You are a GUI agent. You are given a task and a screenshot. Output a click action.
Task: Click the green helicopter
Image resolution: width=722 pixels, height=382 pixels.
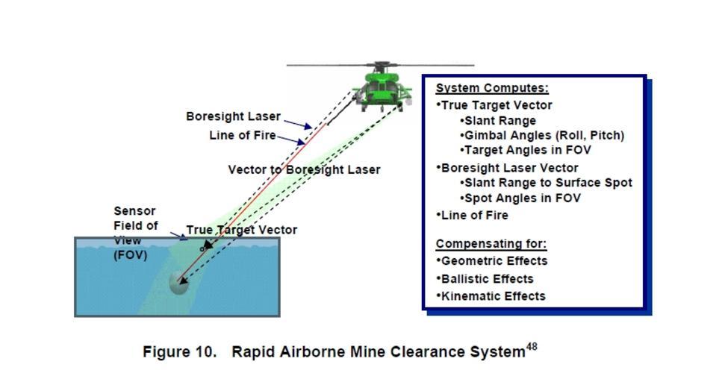(x=382, y=88)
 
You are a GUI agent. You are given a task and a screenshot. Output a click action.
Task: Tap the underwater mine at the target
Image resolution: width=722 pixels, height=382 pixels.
(x=178, y=282)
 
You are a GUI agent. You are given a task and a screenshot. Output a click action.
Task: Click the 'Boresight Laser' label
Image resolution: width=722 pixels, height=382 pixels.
(x=233, y=116)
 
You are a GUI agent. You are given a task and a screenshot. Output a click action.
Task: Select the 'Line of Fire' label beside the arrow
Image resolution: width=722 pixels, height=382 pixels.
(x=242, y=136)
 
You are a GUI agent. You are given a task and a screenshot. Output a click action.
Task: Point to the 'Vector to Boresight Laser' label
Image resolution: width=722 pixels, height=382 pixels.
(x=304, y=170)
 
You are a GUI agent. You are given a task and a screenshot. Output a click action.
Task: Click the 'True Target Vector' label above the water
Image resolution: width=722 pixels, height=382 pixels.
(x=241, y=230)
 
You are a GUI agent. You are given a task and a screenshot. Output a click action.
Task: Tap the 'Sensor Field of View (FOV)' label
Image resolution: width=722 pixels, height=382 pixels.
(x=135, y=233)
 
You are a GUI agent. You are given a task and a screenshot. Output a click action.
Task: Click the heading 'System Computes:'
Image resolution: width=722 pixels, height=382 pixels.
(x=491, y=88)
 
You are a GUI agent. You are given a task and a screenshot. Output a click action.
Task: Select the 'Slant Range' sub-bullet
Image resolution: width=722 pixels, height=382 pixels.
(x=500, y=120)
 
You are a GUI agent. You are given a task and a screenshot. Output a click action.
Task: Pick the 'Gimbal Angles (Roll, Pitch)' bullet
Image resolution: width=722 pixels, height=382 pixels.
(x=544, y=135)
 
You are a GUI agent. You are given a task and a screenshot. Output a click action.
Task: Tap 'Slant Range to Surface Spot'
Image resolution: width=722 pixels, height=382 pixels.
(x=547, y=183)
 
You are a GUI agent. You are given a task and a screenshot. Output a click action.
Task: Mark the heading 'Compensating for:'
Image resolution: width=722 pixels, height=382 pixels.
(x=491, y=244)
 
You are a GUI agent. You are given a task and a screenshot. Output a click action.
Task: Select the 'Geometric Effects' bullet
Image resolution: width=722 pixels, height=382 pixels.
(x=494, y=261)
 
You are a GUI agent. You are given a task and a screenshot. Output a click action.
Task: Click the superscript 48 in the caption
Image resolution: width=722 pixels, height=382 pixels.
(x=532, y=346)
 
